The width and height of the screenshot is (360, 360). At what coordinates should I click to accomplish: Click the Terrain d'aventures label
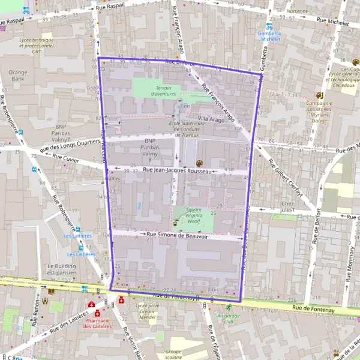tap(163, 91)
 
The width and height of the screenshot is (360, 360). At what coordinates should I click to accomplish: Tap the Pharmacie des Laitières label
tap(97, 323)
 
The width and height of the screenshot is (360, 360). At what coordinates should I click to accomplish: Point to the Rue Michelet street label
tap(333, 21)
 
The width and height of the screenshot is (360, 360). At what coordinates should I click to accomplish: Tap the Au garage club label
tap(227, 318)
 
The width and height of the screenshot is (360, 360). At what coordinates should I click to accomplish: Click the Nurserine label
tap(298, 11)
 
